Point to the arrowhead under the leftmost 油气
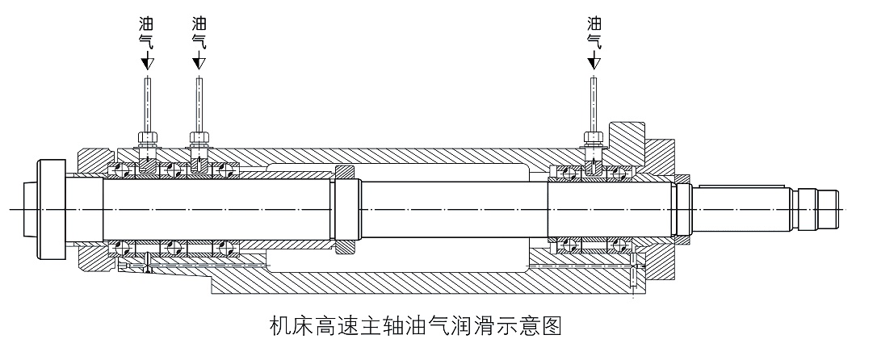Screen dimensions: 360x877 click(x=147, y=61)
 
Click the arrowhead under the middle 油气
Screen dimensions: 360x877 click(x=199, y=61)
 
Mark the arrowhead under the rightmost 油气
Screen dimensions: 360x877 click(x=594, y=61)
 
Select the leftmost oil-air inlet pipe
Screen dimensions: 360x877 click(x=147, y=101)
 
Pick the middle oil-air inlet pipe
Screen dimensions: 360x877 click(x=199, y=101)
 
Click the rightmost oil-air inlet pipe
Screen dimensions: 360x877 click(x=594, y=101)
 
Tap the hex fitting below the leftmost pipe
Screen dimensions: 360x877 click(x=147, y=136)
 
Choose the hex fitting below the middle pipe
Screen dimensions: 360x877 click(x=199, y=136)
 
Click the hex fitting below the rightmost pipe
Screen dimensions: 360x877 click(x=594, y=136)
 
